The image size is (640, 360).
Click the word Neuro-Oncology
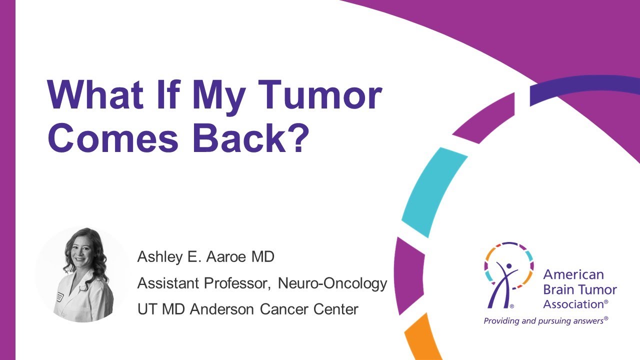pyautogui.click(x=332, y=283)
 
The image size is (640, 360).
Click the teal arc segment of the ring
pyautogui.click(x=431, y=192)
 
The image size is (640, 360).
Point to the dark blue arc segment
pyautogui.click(x=585, y=90)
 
